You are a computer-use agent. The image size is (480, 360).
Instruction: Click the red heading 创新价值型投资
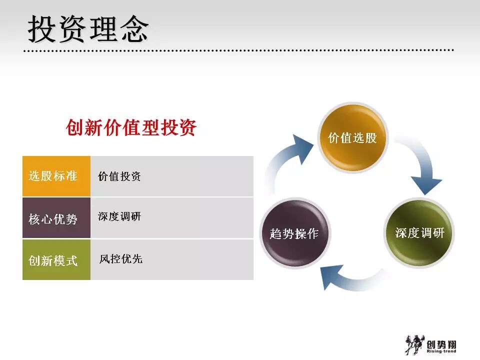coord(131,128)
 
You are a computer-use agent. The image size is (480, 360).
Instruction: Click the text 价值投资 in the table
coord(119,176)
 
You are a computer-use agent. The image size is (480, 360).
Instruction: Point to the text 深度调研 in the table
coord(119,216)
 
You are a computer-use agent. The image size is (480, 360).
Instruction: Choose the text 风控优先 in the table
coord(120,259)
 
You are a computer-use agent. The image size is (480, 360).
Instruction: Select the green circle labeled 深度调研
coord(419,232)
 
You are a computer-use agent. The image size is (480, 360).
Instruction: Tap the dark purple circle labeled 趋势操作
coord(294,233)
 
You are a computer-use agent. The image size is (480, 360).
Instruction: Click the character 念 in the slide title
coord(134,28)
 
